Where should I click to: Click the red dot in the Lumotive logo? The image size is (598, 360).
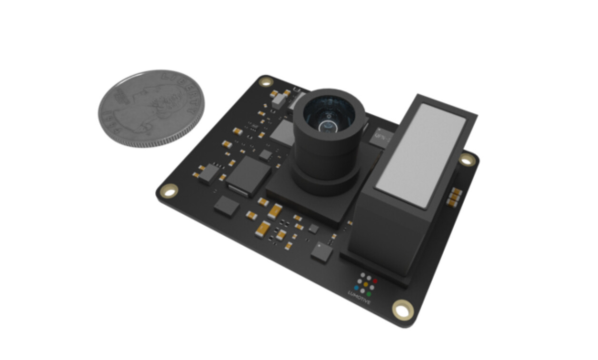click(x=375, y=281)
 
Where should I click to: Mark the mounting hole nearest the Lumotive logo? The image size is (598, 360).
click(x=402, y=310)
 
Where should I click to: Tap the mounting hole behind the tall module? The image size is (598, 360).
click(x=467, y=160)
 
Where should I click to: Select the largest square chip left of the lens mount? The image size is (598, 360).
click(x=249, y=177)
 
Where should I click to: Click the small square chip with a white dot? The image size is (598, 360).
click(x=322, y=251)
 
